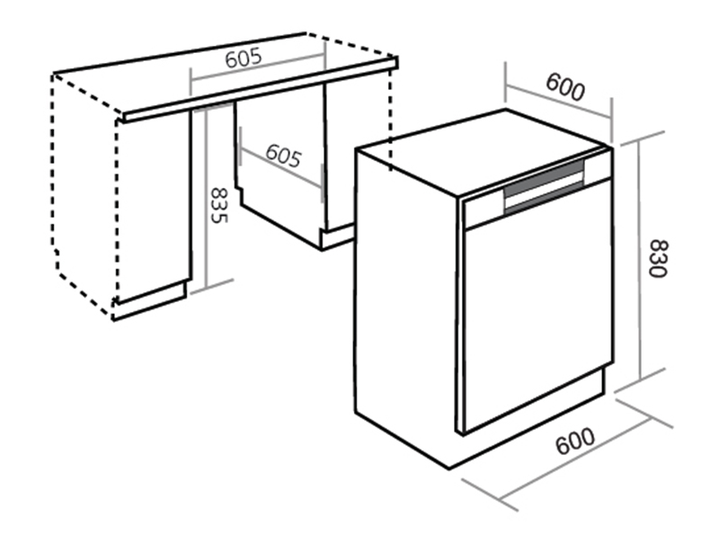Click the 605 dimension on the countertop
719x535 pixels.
coord(244,58)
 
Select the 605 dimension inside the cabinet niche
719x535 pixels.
coord(283,155)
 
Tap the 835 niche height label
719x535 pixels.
coord(218,205)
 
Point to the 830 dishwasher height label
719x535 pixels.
coord(658,258)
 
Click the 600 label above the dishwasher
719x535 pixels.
coord(565,86)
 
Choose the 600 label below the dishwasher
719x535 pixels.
coord(575,441)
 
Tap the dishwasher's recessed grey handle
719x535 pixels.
coord(545,187)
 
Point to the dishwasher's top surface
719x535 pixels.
coord(484,152)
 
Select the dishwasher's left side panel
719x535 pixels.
coord(406,308)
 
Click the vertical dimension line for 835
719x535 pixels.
coord(207,198)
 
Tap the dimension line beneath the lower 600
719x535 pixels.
coord(574,459)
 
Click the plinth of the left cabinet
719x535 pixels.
coord(149,300)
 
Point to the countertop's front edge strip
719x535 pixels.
coord(261,90)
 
